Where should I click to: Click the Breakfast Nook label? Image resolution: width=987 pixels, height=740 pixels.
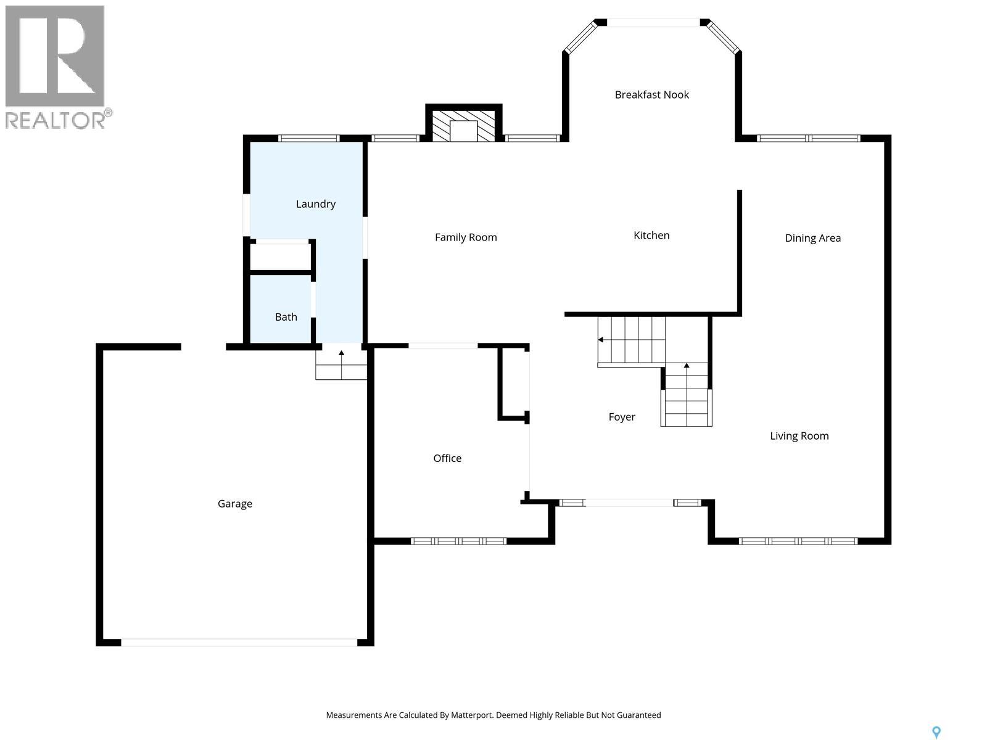(651, 94)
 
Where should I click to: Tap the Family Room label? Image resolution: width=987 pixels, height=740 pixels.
(466, 237)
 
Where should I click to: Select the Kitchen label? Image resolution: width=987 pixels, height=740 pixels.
(651, 235)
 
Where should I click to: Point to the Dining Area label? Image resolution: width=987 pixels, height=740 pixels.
(812, 238)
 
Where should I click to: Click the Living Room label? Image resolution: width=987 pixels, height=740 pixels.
(799, 436)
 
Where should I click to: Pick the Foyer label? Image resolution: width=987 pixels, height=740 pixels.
(622, 417)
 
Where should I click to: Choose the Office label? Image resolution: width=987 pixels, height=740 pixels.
(447, 458)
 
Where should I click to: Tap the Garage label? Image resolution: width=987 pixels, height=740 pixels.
(234, 504)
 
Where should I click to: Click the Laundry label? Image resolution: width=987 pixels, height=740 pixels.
(315, 204)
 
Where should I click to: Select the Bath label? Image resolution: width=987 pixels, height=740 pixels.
(286, 317)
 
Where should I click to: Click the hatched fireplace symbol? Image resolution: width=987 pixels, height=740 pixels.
(463, 126)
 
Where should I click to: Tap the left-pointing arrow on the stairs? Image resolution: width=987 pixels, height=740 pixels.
(601, 340)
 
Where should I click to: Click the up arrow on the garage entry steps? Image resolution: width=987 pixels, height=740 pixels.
(342, 353)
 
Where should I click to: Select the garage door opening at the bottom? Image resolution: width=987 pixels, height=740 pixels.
(239, 642)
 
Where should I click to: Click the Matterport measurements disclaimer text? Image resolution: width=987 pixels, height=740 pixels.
(493, 715)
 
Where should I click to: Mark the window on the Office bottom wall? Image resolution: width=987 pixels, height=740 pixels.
(458, 541)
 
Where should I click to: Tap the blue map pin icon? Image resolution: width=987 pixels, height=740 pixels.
(936, 732)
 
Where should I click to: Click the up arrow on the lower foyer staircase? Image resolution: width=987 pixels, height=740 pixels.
(687, 366)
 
